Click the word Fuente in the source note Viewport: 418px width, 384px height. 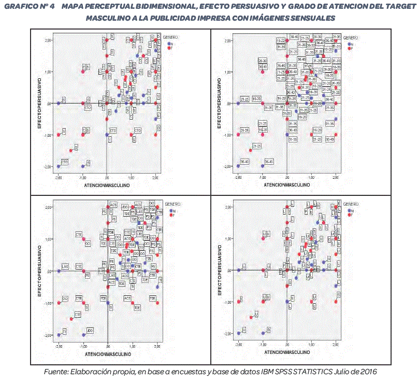tap(55, 372)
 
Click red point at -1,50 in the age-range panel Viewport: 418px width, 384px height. tap(251, 150)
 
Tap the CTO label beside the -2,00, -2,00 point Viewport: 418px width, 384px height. tap(65, 162)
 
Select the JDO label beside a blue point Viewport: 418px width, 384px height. tap(90, 330)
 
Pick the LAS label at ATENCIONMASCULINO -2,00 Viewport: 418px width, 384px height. tap(65, 266)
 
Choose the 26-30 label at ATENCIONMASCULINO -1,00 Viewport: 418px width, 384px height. tap(263, 61)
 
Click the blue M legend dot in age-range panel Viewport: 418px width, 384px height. tap(349, 45)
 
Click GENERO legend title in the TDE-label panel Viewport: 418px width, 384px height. tap(171, 204)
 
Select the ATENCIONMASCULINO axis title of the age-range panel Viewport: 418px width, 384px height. tap(286, 185)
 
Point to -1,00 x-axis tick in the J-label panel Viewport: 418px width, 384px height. tap(263, 345)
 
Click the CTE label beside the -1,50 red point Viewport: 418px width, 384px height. tap(77, 315)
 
